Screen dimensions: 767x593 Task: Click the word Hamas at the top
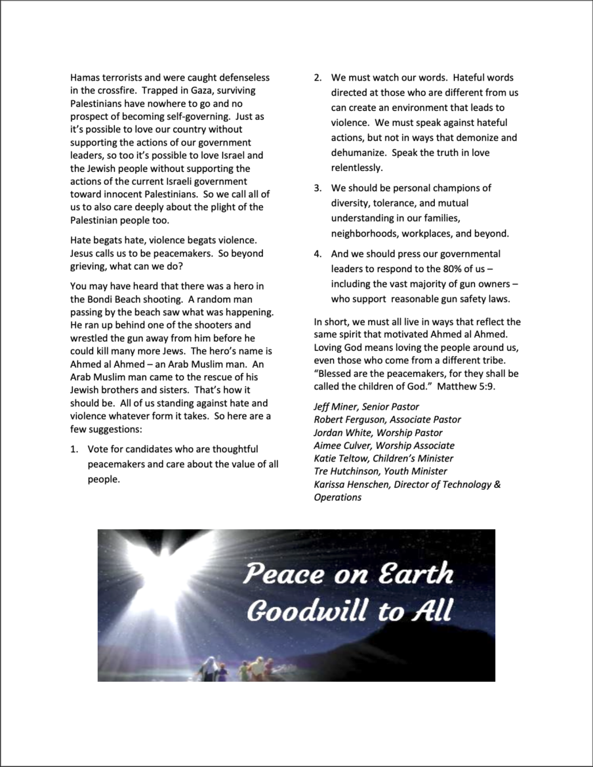[84, 77]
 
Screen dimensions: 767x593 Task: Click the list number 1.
[75, 449]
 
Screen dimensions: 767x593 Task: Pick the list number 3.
[317, 188]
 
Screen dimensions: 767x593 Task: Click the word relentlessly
[357, 168]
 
